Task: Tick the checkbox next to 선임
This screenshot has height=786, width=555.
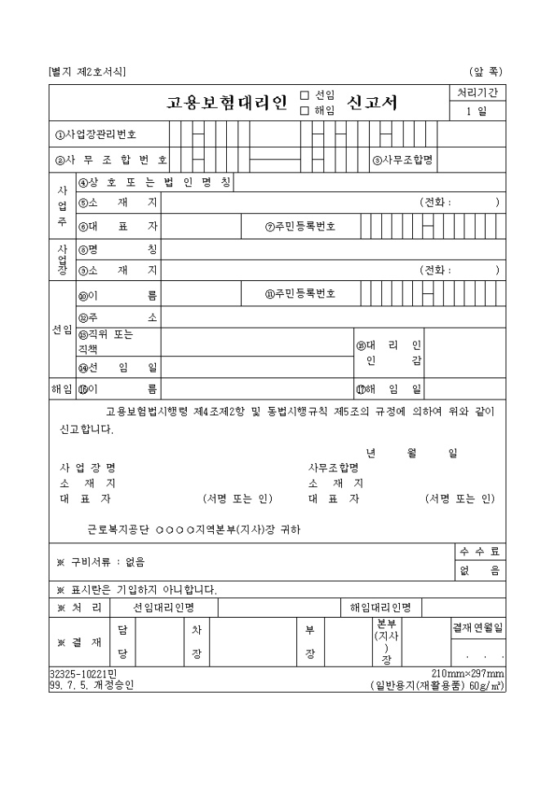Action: pyautogui.click(x=304, y=95)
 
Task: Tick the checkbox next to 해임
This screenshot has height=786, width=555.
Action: pyautogui.click(x=304, y=110)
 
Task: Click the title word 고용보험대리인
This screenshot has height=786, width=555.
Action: pyautogui.click(x=227, y=103)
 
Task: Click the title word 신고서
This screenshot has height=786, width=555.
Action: pyautogui.click(x=372, y=103)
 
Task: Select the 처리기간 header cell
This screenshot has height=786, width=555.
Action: pyautogui.click(x=477, y=93)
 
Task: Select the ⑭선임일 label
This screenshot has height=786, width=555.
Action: pyautogui.click(x=118, y=368)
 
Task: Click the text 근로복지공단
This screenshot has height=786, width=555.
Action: pyautogui.click(x=116, y=529)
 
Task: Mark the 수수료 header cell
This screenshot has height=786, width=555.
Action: pyautogui.click(x=481, y=552)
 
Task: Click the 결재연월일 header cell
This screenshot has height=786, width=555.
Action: pyautogui.click(x=478, y=627)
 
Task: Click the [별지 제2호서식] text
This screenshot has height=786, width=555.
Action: pyautogui.click(x=87, y=72)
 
